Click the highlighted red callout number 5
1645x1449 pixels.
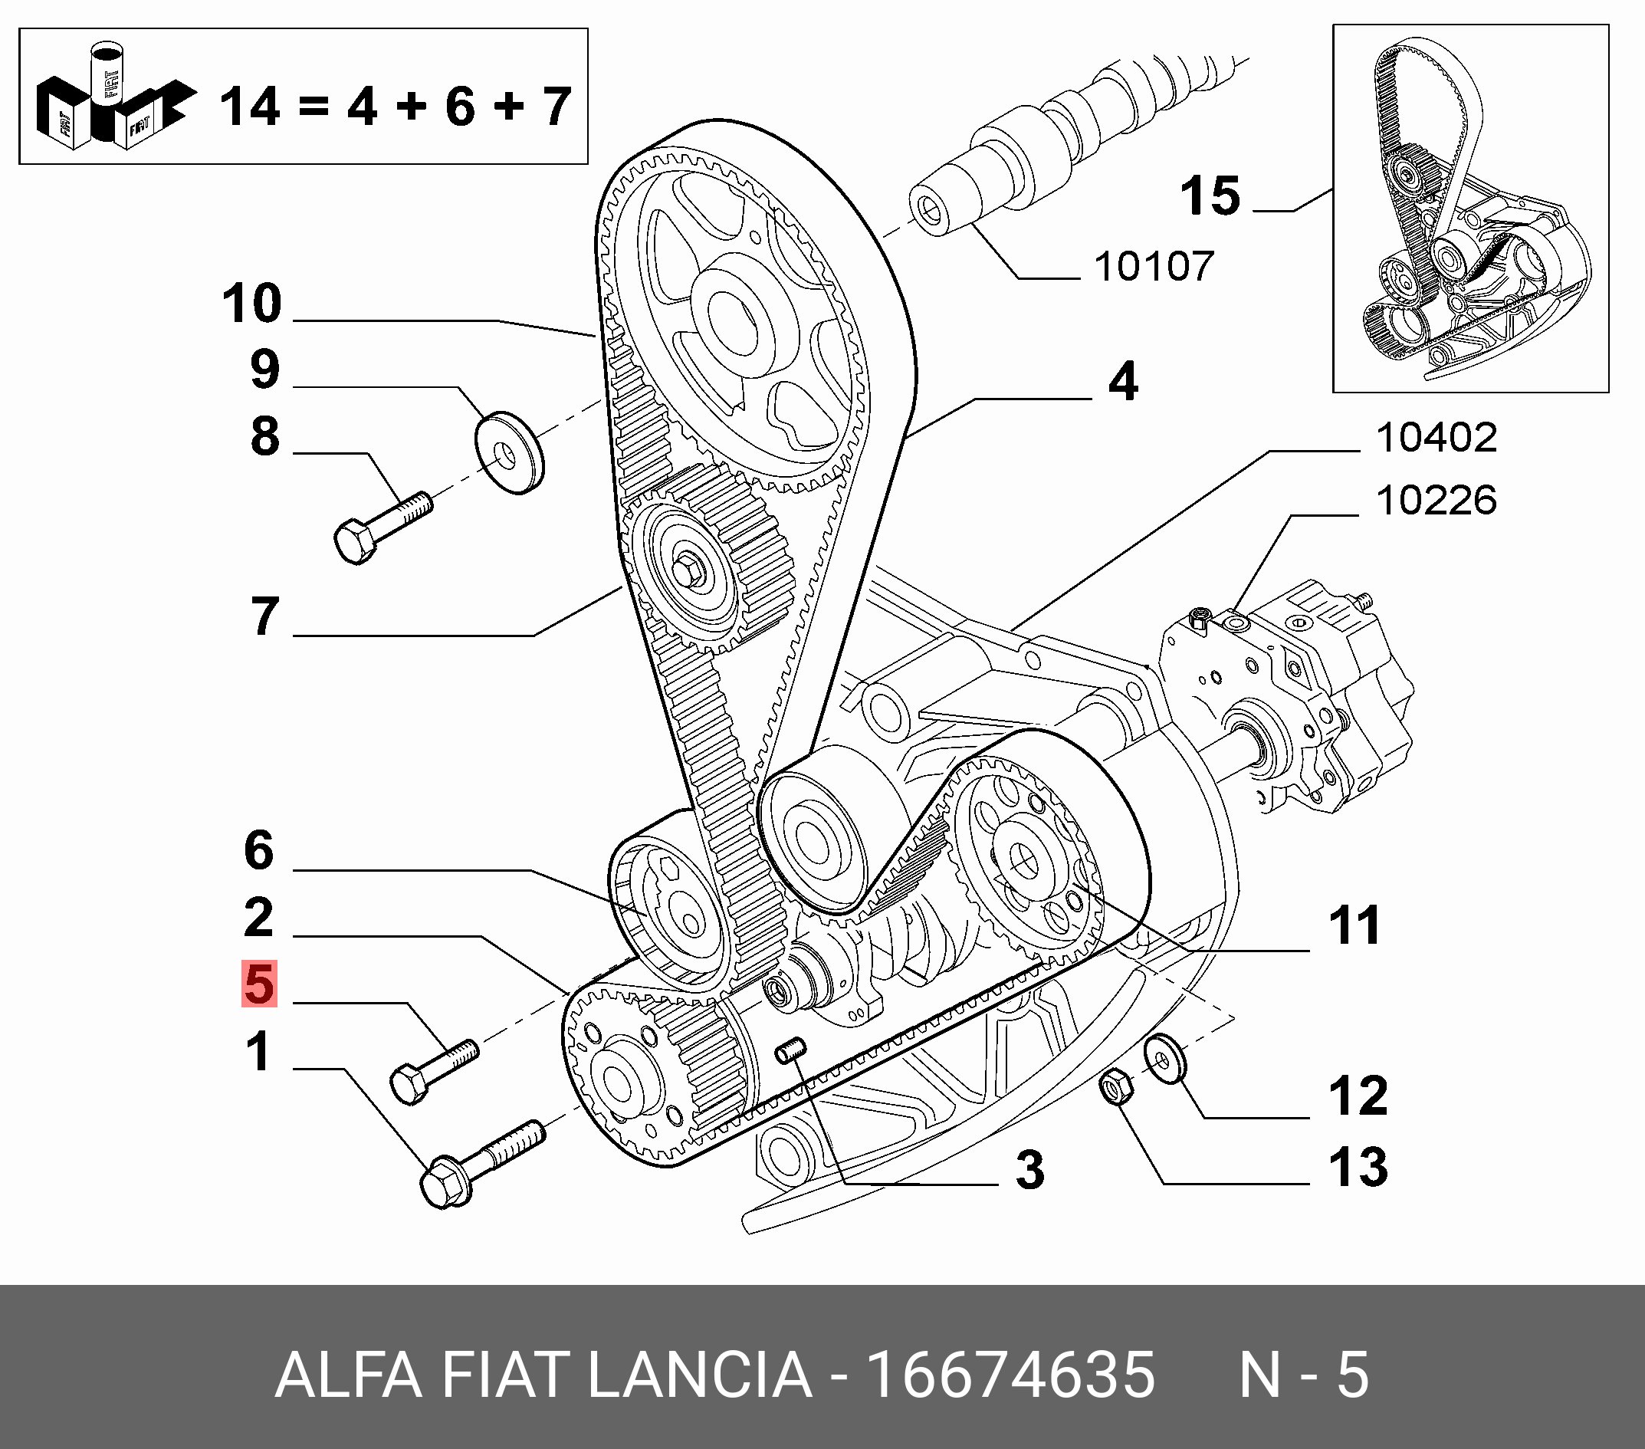tap(259, 984)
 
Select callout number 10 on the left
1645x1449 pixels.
tap(252, 304)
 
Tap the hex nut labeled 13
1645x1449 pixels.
tap(1115, 1089)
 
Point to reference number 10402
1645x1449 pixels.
tap(1436, 438)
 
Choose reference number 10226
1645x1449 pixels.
tap(1436, 501)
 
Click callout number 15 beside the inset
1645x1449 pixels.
tap(1210, 196)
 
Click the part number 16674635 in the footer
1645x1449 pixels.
tap(1010, 1375)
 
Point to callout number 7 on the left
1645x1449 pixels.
tap(264, 616)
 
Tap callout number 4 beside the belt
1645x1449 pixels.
tap(1124, 382)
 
